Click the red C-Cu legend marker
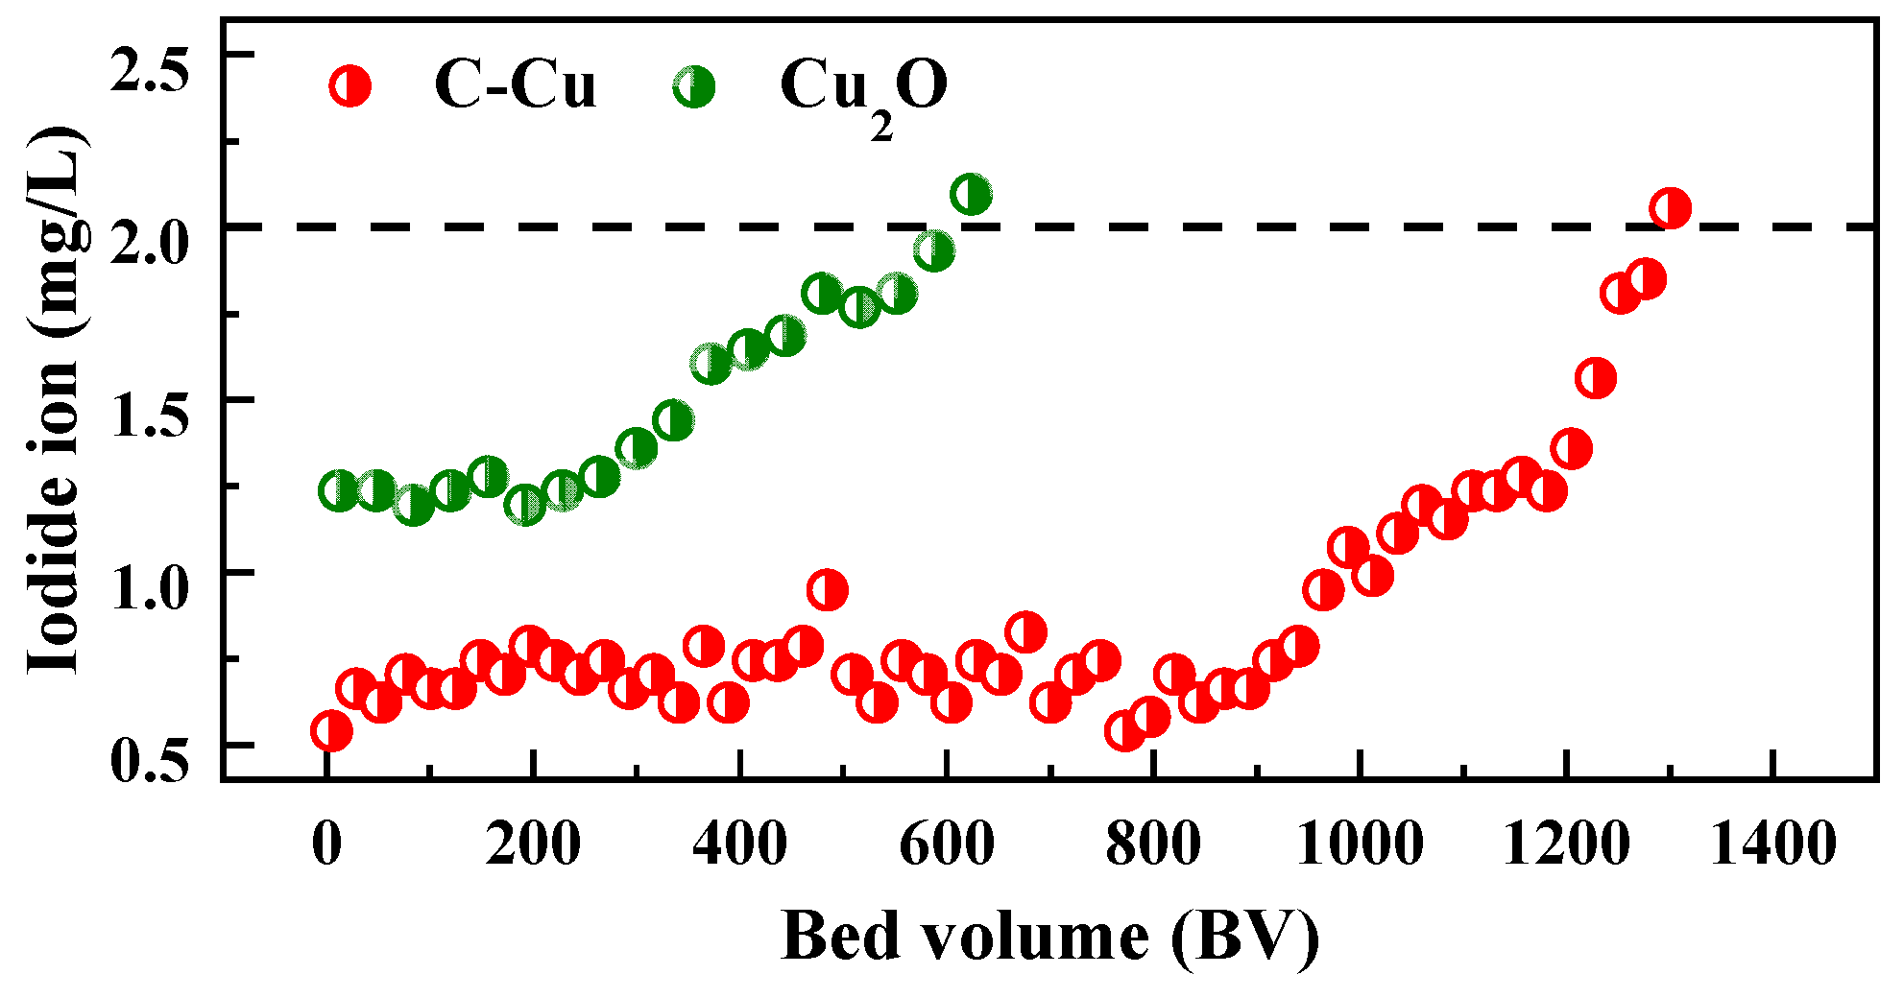pos(349,86)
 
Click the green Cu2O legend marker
pos(693,86)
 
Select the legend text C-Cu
pos(515,84)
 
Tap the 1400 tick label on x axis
pos(1772,844)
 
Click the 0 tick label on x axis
pos(327,844)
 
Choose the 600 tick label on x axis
pos(946,844)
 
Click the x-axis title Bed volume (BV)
pos(1050,936)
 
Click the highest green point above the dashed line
pos(971,195)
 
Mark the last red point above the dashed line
pos(1670,208)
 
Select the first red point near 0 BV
pos(331,731)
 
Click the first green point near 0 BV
pos(338,490)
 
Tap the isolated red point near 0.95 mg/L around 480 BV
pos(828,590)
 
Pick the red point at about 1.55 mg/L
pos(1596,378)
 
